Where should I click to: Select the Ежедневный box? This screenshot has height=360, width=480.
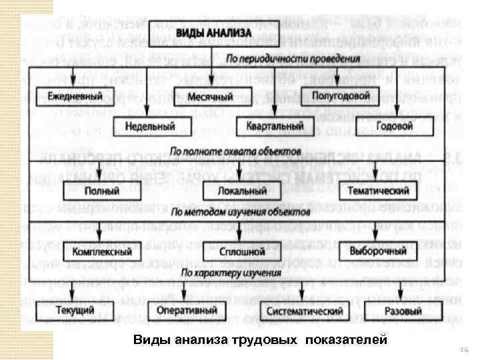coord(75,96)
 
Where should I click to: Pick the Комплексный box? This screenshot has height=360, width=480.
coord(102,253)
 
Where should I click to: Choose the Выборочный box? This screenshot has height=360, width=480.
coord(378,252)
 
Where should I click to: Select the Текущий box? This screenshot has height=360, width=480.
coord(65,311)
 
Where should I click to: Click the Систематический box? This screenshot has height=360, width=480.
coord(304,311)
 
